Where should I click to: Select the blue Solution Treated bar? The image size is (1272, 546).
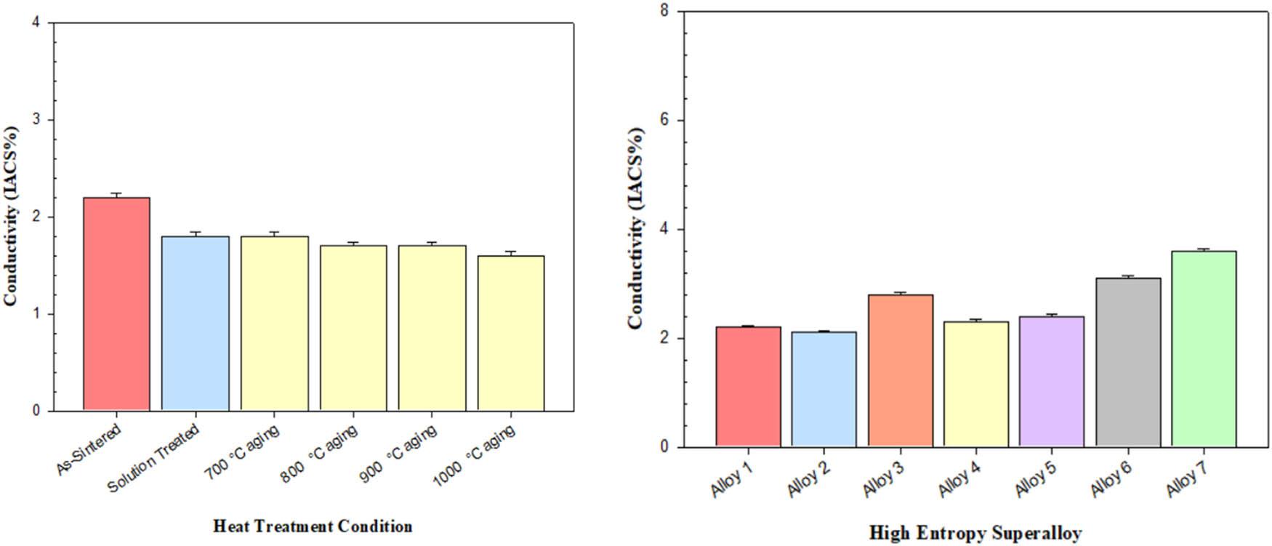pyautogui.click(x=195, y=324)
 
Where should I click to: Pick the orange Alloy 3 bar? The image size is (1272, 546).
pyautogui.click(x=900, y=370)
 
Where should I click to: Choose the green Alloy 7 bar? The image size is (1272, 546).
pyautogui.click(x=1204, y=348)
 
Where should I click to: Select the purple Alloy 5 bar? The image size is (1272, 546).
pyautogui.click(x=1051, y=381)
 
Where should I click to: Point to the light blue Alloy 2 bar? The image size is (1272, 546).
pyautogui.click(x=824, y=389)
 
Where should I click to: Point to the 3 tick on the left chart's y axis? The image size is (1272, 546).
pyautogui.click(x=36, y=120)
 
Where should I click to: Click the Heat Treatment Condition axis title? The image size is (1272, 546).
pyautogui.click(x=313, y=526)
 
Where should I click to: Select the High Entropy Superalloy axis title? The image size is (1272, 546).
pyautogui.click(x=975, y=533)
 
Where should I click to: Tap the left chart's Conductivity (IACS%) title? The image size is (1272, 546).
pyautogui.click(x=11, y=217)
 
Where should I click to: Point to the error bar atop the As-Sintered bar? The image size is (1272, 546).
pyautogui.click(x=116, y=195)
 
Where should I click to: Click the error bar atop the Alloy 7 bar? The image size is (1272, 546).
pyautogui.click(x=1204, y=249)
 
